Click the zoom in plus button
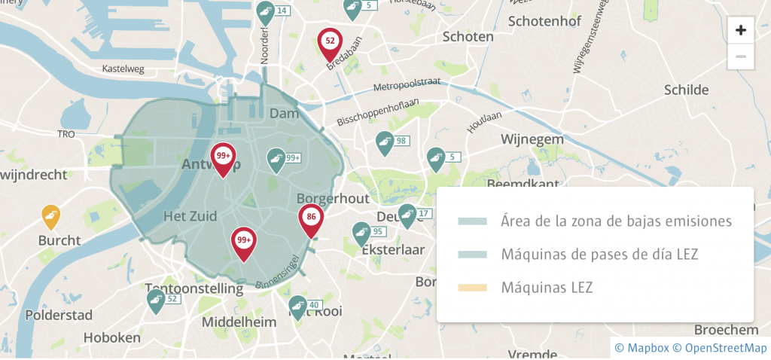(x=741, y=30)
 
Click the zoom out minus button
(x=741, y=56)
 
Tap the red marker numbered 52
(x=329, y=43)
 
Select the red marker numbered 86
(x=311, y=221)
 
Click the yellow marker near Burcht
(x=50, y=218)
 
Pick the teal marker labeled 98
(x=385, y=142)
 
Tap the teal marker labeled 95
(x=361, y=233)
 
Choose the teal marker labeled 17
(x=407, y=215)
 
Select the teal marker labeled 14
(x=265, y=12)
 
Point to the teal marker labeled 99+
(x=276, y=159)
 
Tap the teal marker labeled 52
(x=156, y=301)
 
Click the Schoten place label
(x=468, y=36)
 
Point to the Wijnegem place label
(x=532, y=139)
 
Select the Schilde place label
(x=686, y=90)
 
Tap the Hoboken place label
(x=111, y=337)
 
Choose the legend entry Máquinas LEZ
(x=547, y=287)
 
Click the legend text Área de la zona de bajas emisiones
(x=616, y=221)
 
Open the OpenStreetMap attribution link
(x=720, y=347)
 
